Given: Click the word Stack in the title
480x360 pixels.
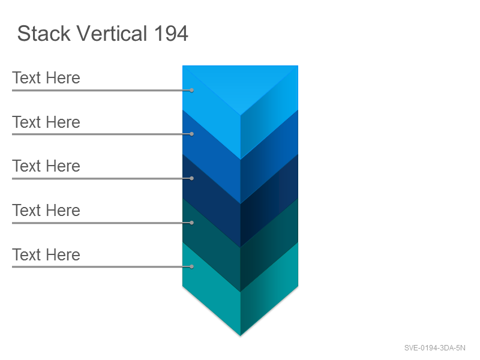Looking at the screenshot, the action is coord(44,34).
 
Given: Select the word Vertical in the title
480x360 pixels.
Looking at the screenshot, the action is coord(112,34).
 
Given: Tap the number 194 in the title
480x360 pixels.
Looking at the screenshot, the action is coord(171,34).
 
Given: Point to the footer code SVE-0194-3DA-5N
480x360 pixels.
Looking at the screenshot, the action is coord(434,348).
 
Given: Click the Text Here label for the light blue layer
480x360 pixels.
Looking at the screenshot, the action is coord(46,78).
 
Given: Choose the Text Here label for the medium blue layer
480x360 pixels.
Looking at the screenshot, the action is coord(46,122).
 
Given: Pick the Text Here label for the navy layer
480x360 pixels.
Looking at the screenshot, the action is coord(46,166).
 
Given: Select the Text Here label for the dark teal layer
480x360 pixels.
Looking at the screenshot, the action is coord(46,211).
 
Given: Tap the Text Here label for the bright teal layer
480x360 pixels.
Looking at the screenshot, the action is coord(46,254).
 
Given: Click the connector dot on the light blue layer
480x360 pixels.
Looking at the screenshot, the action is coord(191,91).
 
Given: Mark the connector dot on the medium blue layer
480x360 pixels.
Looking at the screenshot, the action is coord(191,134).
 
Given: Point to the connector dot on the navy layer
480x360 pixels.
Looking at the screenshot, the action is coord(191,178).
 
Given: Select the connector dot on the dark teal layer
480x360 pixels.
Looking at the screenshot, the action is coord(191,223).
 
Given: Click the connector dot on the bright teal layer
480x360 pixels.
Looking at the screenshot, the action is coord(191,266).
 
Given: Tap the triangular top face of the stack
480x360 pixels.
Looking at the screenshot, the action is coord(241,83).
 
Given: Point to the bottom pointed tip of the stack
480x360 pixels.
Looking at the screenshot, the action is coord(241,336).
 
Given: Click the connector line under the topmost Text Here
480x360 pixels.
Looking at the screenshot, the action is coord(102,91).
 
